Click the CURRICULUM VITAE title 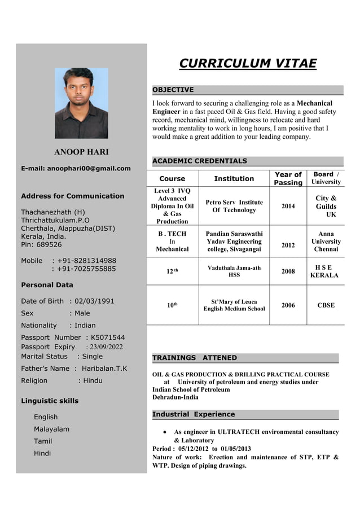[x=248, y=63]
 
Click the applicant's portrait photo [x=81, y=103]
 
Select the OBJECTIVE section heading [x=173, y=90]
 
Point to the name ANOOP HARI [x=81, y=152]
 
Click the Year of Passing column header [x=288, y=178]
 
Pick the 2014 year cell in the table [x=288, y=207]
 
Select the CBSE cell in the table [x=326, y=305]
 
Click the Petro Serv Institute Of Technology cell [x=234, y=206]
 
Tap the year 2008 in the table [x=288, y=271]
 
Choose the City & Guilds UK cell [x=326, y=207]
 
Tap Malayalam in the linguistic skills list [x=51, y=429]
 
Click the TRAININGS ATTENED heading [x=195, y=358]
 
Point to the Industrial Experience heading [x=194, y=414]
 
